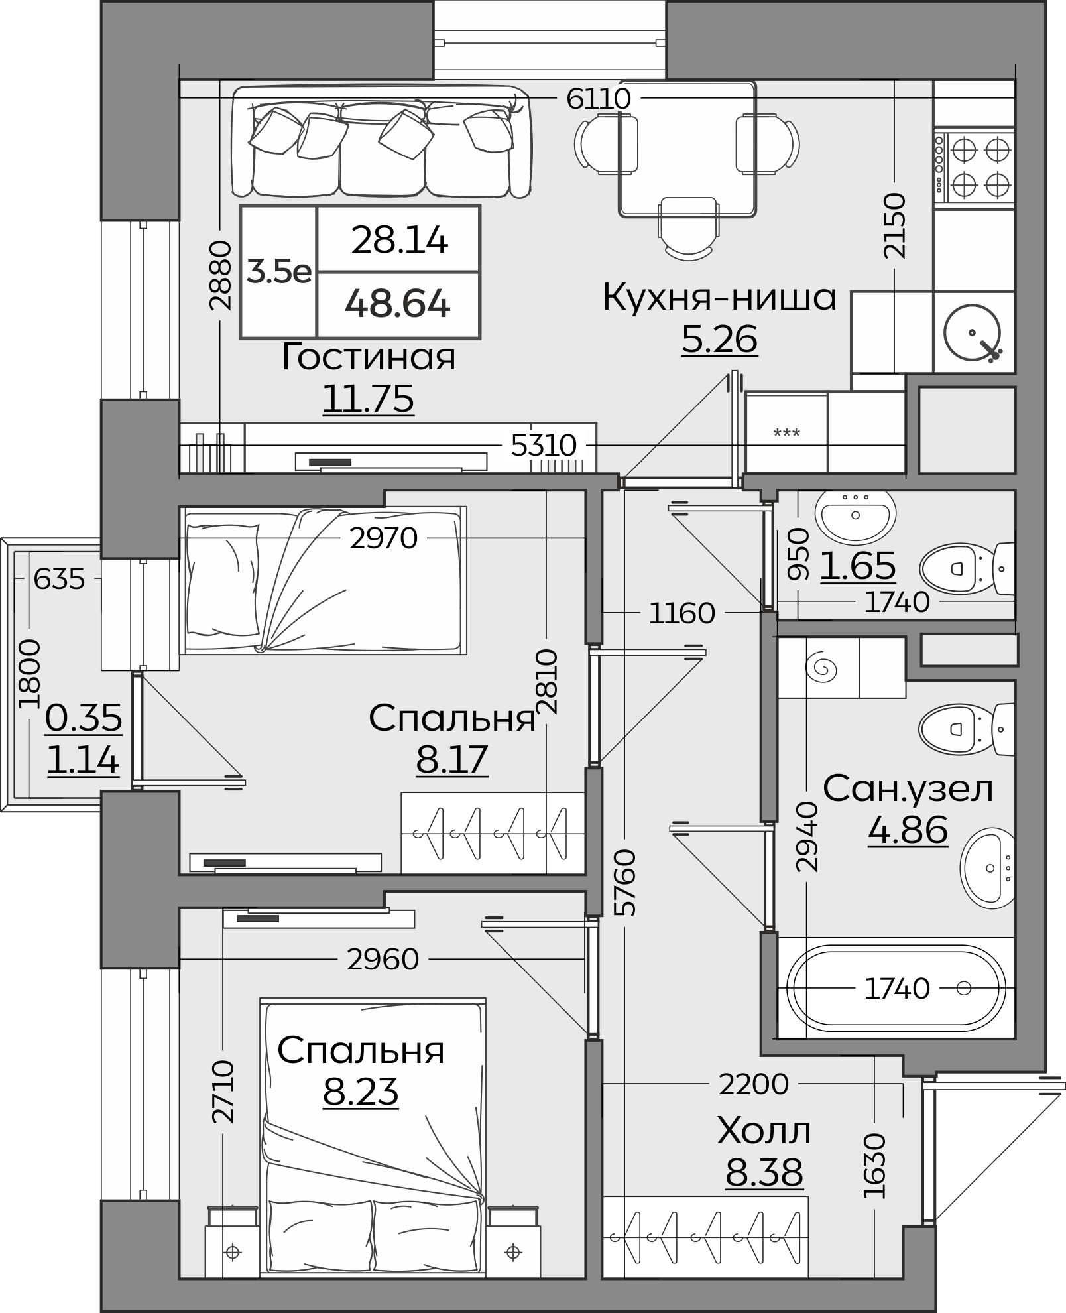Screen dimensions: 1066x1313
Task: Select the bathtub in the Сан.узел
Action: (895, 989)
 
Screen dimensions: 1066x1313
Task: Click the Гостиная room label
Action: (369, 357)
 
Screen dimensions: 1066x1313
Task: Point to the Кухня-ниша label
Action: (719, 298)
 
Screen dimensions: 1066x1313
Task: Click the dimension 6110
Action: (599, 99)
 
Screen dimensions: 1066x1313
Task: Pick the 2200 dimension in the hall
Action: (754, 1085)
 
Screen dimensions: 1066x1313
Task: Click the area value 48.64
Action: (398, 304)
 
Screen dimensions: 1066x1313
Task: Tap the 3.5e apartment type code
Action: (279, 271)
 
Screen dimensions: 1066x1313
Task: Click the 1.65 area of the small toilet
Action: (858, 566)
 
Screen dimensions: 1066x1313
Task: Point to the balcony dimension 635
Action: (60, 580)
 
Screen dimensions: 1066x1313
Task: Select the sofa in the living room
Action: (381, 141)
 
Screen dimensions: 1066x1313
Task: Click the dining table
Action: (687, 149)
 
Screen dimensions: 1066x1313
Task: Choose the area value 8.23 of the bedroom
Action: (361, 1091)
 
